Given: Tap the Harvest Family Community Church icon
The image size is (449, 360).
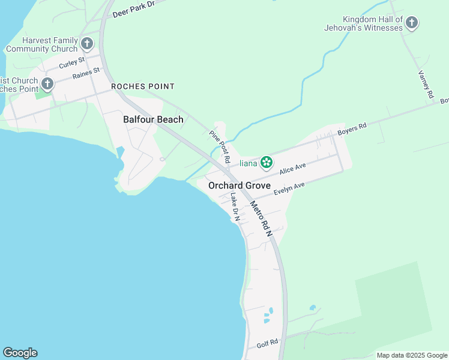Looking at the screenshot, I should (x=87, y=43).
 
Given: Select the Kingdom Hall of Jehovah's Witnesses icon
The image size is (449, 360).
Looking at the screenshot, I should (x=411, y=23).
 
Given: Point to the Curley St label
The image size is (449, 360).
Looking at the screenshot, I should (x=71, y=63).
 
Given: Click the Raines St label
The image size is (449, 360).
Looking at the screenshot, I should (x=85, y=75).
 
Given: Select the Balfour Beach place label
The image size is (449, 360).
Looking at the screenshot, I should (x=153, y=119).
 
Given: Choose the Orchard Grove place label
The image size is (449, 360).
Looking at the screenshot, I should (x=240, y=186).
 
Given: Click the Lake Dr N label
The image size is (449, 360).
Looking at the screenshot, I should (x=235, y=207).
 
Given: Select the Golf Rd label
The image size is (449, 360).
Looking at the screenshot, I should (x=267, y=343).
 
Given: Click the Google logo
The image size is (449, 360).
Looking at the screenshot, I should (x=20, y=353).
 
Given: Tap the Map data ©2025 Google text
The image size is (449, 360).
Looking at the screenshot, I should (x=412, y=355).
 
